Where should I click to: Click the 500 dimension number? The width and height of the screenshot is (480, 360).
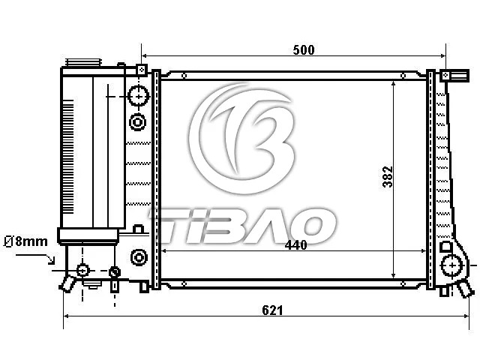(x=303, y=50)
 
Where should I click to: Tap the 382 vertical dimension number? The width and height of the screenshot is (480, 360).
(x=387, y=177)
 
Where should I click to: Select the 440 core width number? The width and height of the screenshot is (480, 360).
(x=295, y=245)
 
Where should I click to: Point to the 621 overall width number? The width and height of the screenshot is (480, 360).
(x=272, y=310)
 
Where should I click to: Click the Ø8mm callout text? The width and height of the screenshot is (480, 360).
(x=25, y=241)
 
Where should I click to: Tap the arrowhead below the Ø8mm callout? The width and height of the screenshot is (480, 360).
(x=52, y=260)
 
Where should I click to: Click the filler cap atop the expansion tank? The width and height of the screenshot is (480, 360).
(x=83, y=62)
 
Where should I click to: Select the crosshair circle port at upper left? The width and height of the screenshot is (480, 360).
(x=139, y=96)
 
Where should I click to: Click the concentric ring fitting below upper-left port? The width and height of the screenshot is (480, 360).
(x=138, y=122)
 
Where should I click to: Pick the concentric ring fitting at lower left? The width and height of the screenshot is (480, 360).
(x=139, y=257)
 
